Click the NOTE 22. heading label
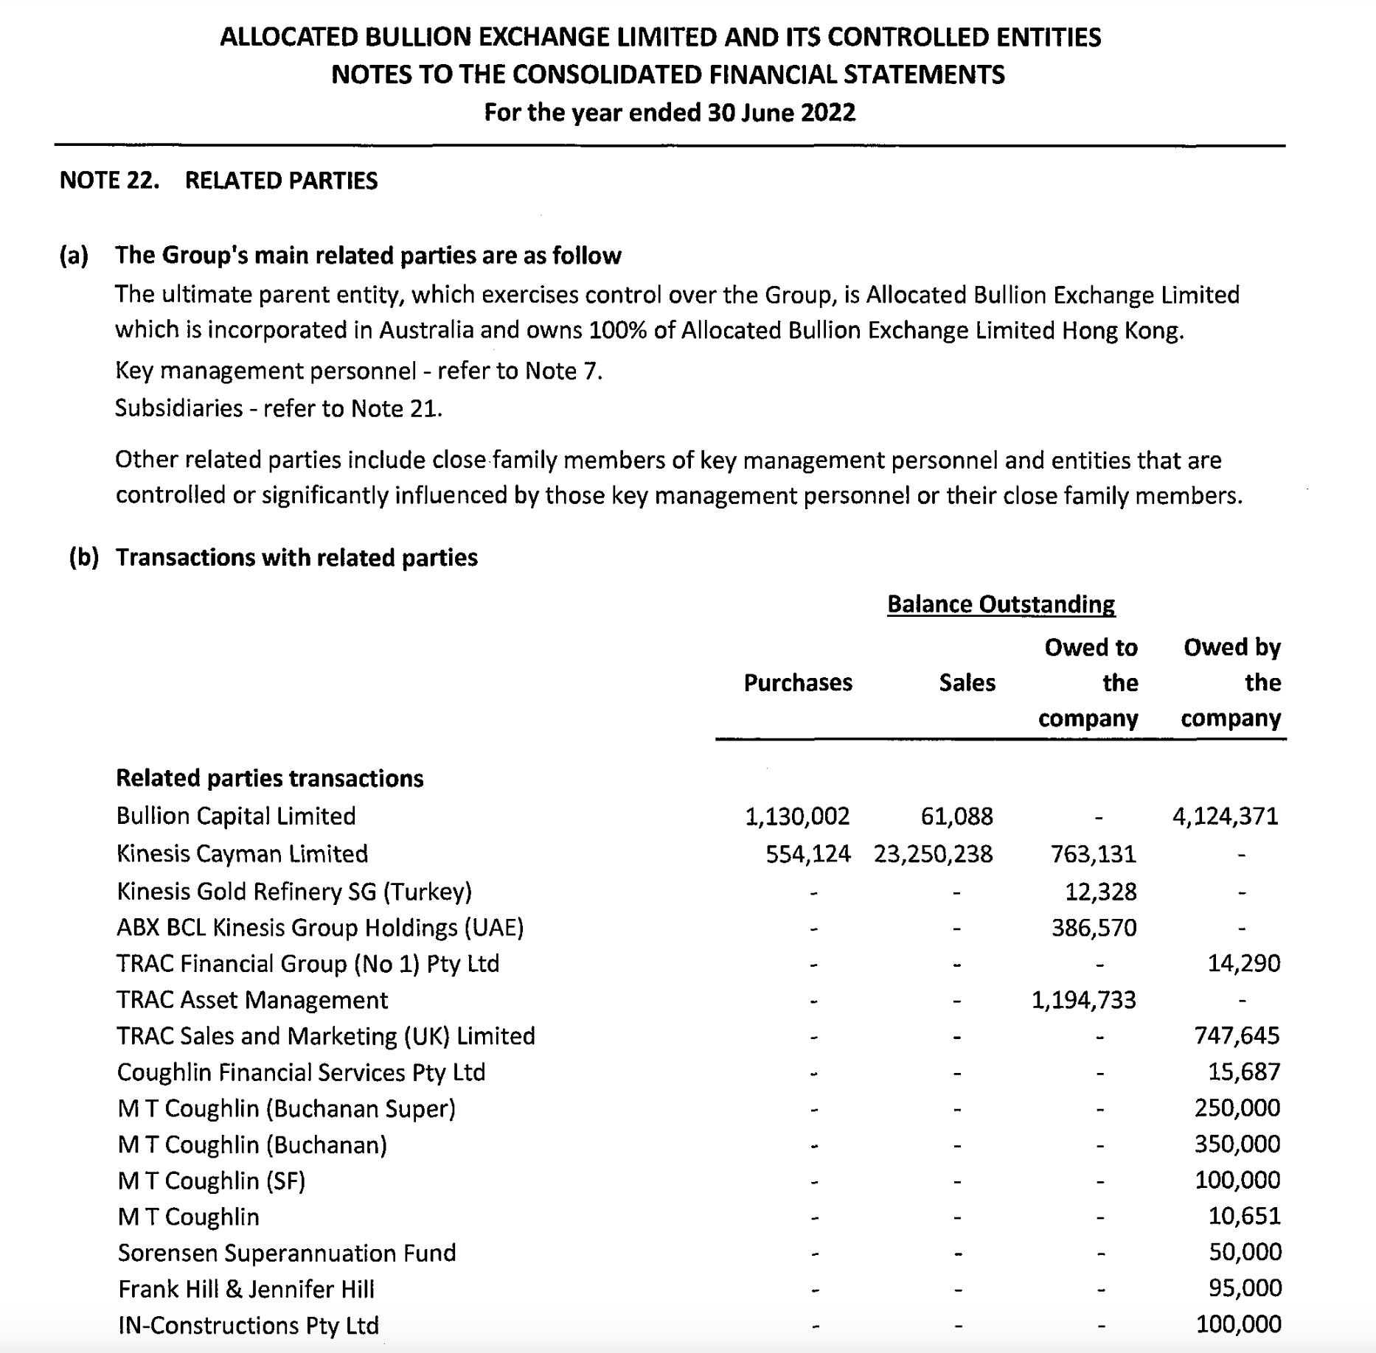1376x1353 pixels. coord(109,181)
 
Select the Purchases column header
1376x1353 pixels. coord(798,683)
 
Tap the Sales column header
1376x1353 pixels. coord(967,683)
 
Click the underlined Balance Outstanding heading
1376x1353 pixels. coord(1001,604)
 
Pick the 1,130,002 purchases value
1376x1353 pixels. coord(797,817)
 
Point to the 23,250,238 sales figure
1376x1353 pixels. coord(933,854)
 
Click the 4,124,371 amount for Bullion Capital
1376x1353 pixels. coord(1225,817)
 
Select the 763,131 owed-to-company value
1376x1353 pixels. coord(1094,854)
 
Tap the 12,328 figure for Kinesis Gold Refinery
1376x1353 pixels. coord(1100,892)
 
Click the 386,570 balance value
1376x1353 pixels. coord(1094,928)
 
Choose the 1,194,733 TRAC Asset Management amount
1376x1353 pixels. coord(1083,1000)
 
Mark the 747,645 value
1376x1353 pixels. coord(1237,1036)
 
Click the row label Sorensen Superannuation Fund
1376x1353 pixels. coord(287,1253)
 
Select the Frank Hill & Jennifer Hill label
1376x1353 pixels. coord(246,1289)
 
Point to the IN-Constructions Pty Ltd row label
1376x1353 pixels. coord(249,1326)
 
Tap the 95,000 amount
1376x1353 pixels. coord(1245,1288)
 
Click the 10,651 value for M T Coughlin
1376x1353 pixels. coord(1244,1216)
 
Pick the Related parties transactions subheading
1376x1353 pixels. coord(270,778)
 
